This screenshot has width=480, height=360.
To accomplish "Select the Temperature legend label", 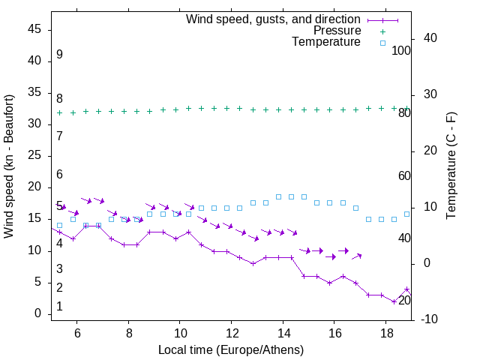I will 326,43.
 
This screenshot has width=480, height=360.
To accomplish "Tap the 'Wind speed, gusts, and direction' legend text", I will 274,19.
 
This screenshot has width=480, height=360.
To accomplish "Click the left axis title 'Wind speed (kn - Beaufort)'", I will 9,166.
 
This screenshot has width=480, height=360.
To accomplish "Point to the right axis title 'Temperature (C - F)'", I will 451,166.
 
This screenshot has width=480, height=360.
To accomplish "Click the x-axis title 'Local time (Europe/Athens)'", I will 231,349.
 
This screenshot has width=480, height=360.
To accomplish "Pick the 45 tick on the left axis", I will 34,28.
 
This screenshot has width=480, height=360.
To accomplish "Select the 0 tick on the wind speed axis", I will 37,313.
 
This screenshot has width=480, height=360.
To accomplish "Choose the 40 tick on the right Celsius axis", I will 424,38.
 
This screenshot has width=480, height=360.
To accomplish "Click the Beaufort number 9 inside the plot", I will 59,55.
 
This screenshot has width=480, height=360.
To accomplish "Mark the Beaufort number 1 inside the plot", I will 59,307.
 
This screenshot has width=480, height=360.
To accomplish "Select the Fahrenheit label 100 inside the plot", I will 401,50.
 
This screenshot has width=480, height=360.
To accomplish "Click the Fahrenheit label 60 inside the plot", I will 404,175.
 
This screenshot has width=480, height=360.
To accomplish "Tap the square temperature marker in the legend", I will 382,43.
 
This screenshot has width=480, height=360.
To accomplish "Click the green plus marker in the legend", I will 382,31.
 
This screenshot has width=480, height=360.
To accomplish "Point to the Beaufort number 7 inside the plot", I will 59,136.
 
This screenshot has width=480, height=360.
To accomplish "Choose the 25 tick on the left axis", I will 34,155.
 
